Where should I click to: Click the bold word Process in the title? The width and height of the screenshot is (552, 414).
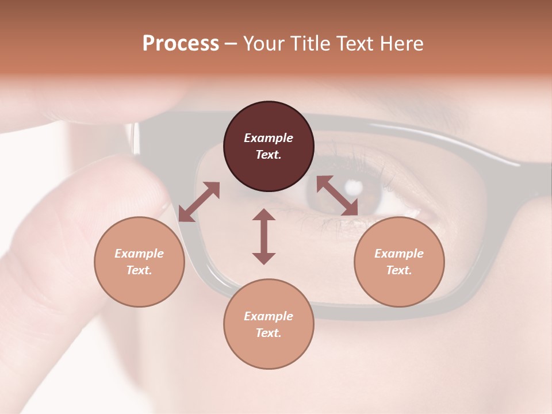[x=181, y=44]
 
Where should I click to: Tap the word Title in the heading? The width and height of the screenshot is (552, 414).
[x=311, y=44]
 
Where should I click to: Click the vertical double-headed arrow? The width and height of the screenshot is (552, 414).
[x=264, y=236]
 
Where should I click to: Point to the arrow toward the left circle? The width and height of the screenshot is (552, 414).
[x=199, y=202]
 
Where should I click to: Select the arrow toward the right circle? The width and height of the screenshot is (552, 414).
[x=338, y=195]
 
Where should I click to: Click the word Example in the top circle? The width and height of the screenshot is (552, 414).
[x=269, y=138]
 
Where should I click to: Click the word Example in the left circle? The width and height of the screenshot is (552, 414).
[x=139, y=254]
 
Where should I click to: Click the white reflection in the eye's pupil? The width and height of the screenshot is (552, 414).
[x=354, y=186]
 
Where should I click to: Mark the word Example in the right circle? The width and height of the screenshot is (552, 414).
[x=399, y=254]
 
